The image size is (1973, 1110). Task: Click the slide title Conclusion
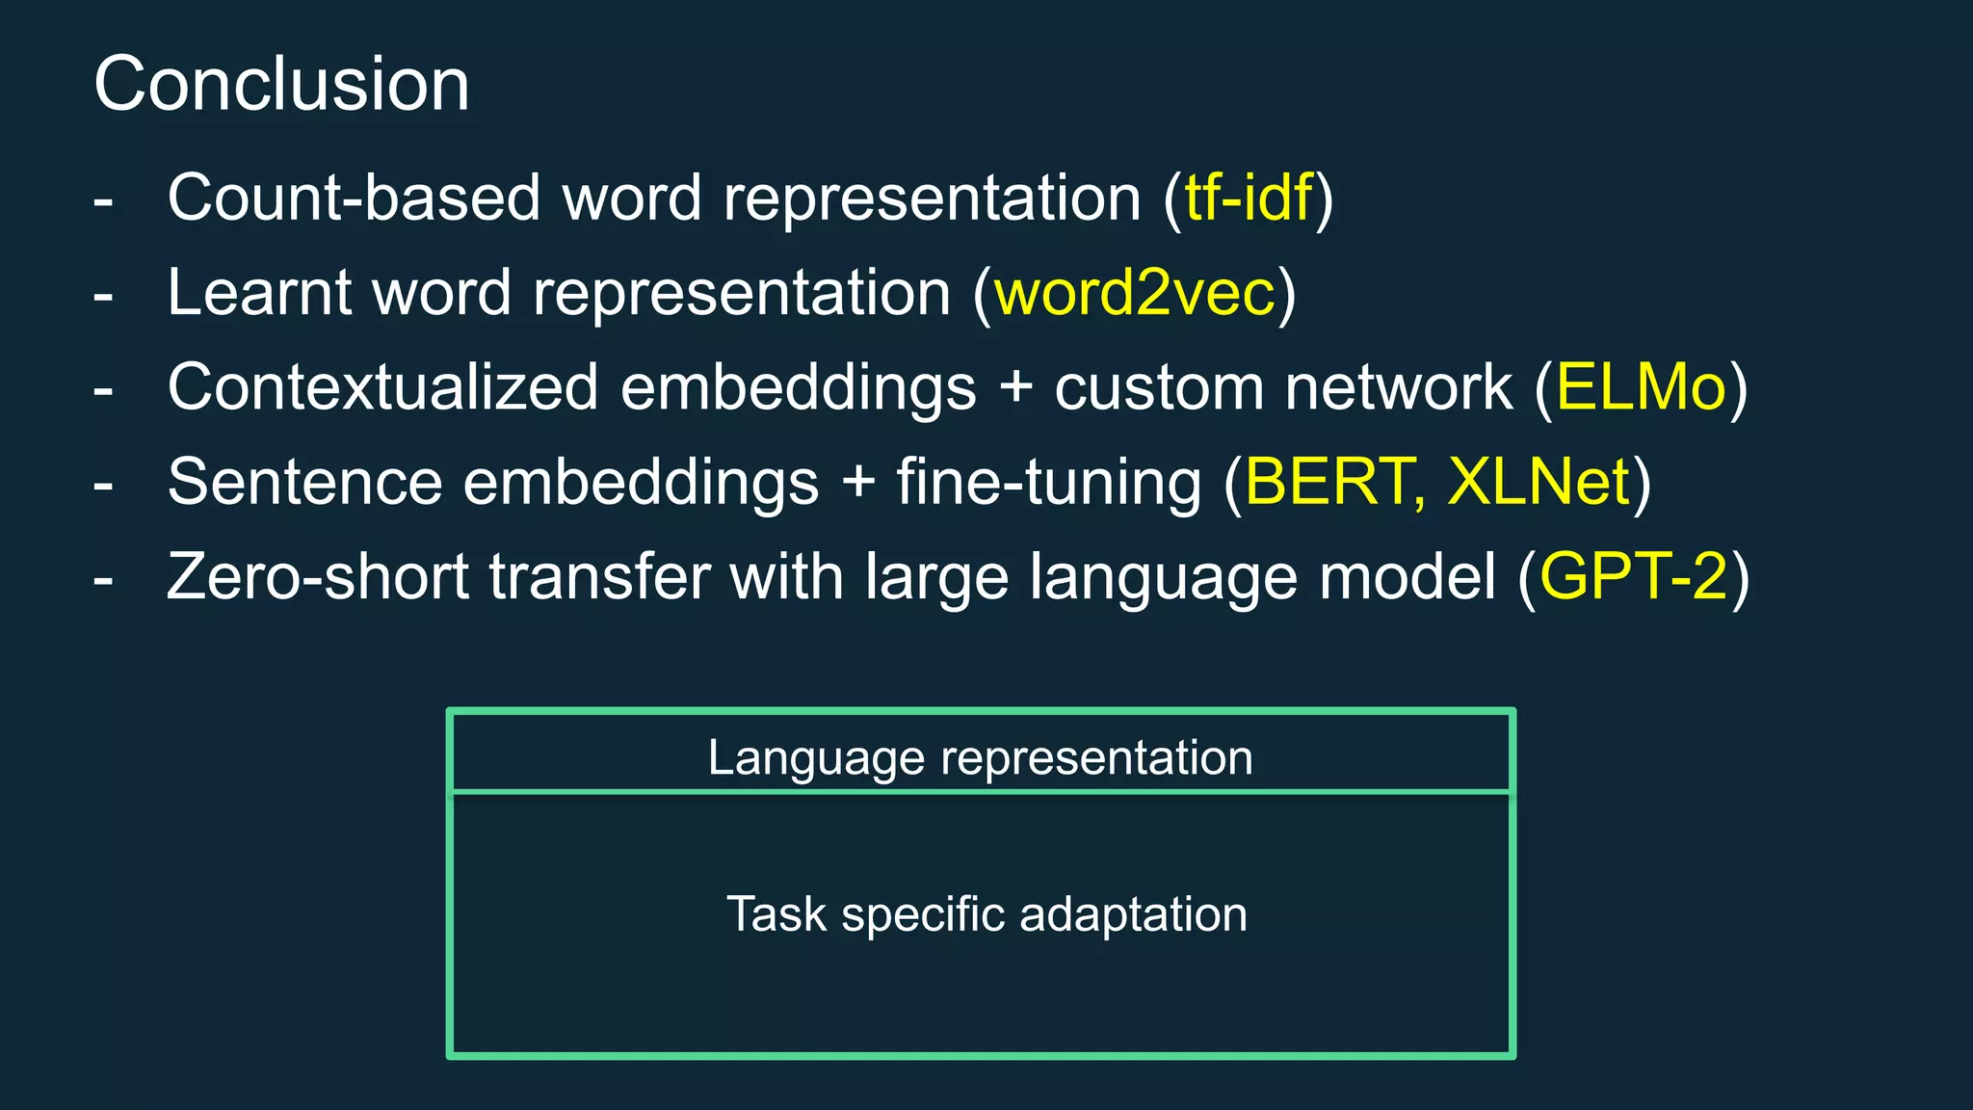(x=281, y=84)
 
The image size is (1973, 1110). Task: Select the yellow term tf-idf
(x=1249, y=198)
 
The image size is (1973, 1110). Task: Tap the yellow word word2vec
(x=1135, y=292)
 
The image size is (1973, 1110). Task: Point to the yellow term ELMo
(x=1641, y=387)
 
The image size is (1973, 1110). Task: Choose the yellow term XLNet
(x=1539, y=482)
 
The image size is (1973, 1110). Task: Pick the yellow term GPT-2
(x=1634, y=576)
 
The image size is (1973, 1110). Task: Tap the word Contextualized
(x=382, y=387)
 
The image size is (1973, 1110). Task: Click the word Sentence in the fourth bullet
(x=304, y=482)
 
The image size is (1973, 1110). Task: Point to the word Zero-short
(x=317, y=576)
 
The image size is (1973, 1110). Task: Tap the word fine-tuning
(x=1049, y=482)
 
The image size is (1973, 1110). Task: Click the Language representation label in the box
(x=980, y=757)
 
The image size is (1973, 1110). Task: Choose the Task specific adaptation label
(x=986, y=913)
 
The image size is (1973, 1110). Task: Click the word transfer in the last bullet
(x=598, y=576)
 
